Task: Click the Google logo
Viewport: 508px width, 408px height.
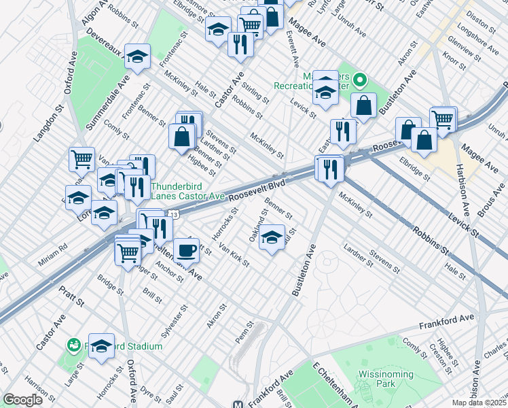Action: (22, 400)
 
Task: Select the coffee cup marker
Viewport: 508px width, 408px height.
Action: (186, 250)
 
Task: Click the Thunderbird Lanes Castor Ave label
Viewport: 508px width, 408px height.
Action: (187, 191)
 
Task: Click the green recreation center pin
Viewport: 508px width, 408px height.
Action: (362, 82)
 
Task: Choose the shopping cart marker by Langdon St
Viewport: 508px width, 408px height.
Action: (81, 159)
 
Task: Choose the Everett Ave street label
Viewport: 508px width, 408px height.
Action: (294, 48)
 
